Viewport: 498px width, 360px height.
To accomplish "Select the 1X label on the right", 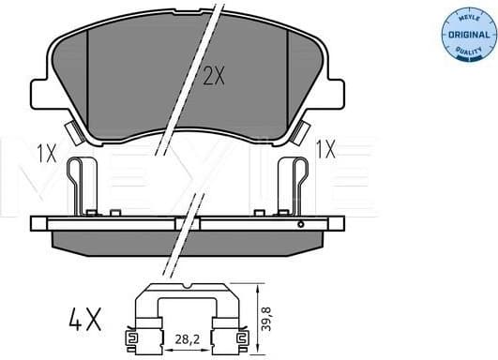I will (326, 148).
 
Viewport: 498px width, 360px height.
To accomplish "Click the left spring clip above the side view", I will (83, 185).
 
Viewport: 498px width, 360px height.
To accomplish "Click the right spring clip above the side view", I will (293, 185).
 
